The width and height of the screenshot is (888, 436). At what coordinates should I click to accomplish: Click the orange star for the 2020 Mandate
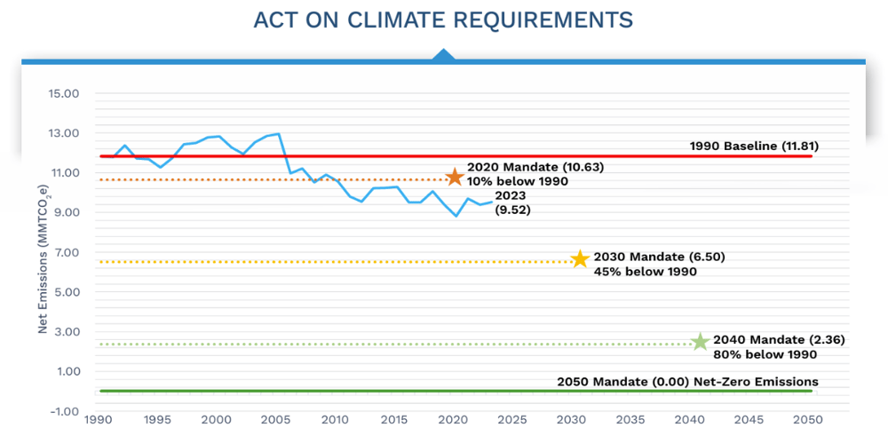point(455,177)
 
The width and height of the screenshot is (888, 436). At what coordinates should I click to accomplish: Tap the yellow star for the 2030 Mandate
point(580,259)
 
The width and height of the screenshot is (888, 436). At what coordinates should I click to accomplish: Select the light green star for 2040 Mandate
point(700,342)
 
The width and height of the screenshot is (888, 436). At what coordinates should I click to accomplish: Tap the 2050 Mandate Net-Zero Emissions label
point(687,382)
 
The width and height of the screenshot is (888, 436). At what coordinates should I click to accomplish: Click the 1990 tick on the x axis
point(99,419)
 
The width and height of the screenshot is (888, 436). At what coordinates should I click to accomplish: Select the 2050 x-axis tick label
point(808,419)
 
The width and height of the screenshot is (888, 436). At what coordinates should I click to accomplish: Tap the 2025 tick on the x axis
point(512,419)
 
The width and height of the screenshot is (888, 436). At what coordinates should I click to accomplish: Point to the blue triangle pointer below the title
point(443,56)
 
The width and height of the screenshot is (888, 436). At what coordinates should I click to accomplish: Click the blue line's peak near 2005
point(279,134)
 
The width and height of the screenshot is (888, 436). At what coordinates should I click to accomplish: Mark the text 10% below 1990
point(517,181)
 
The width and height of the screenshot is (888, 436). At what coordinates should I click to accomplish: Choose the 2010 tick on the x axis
point(336,419)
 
